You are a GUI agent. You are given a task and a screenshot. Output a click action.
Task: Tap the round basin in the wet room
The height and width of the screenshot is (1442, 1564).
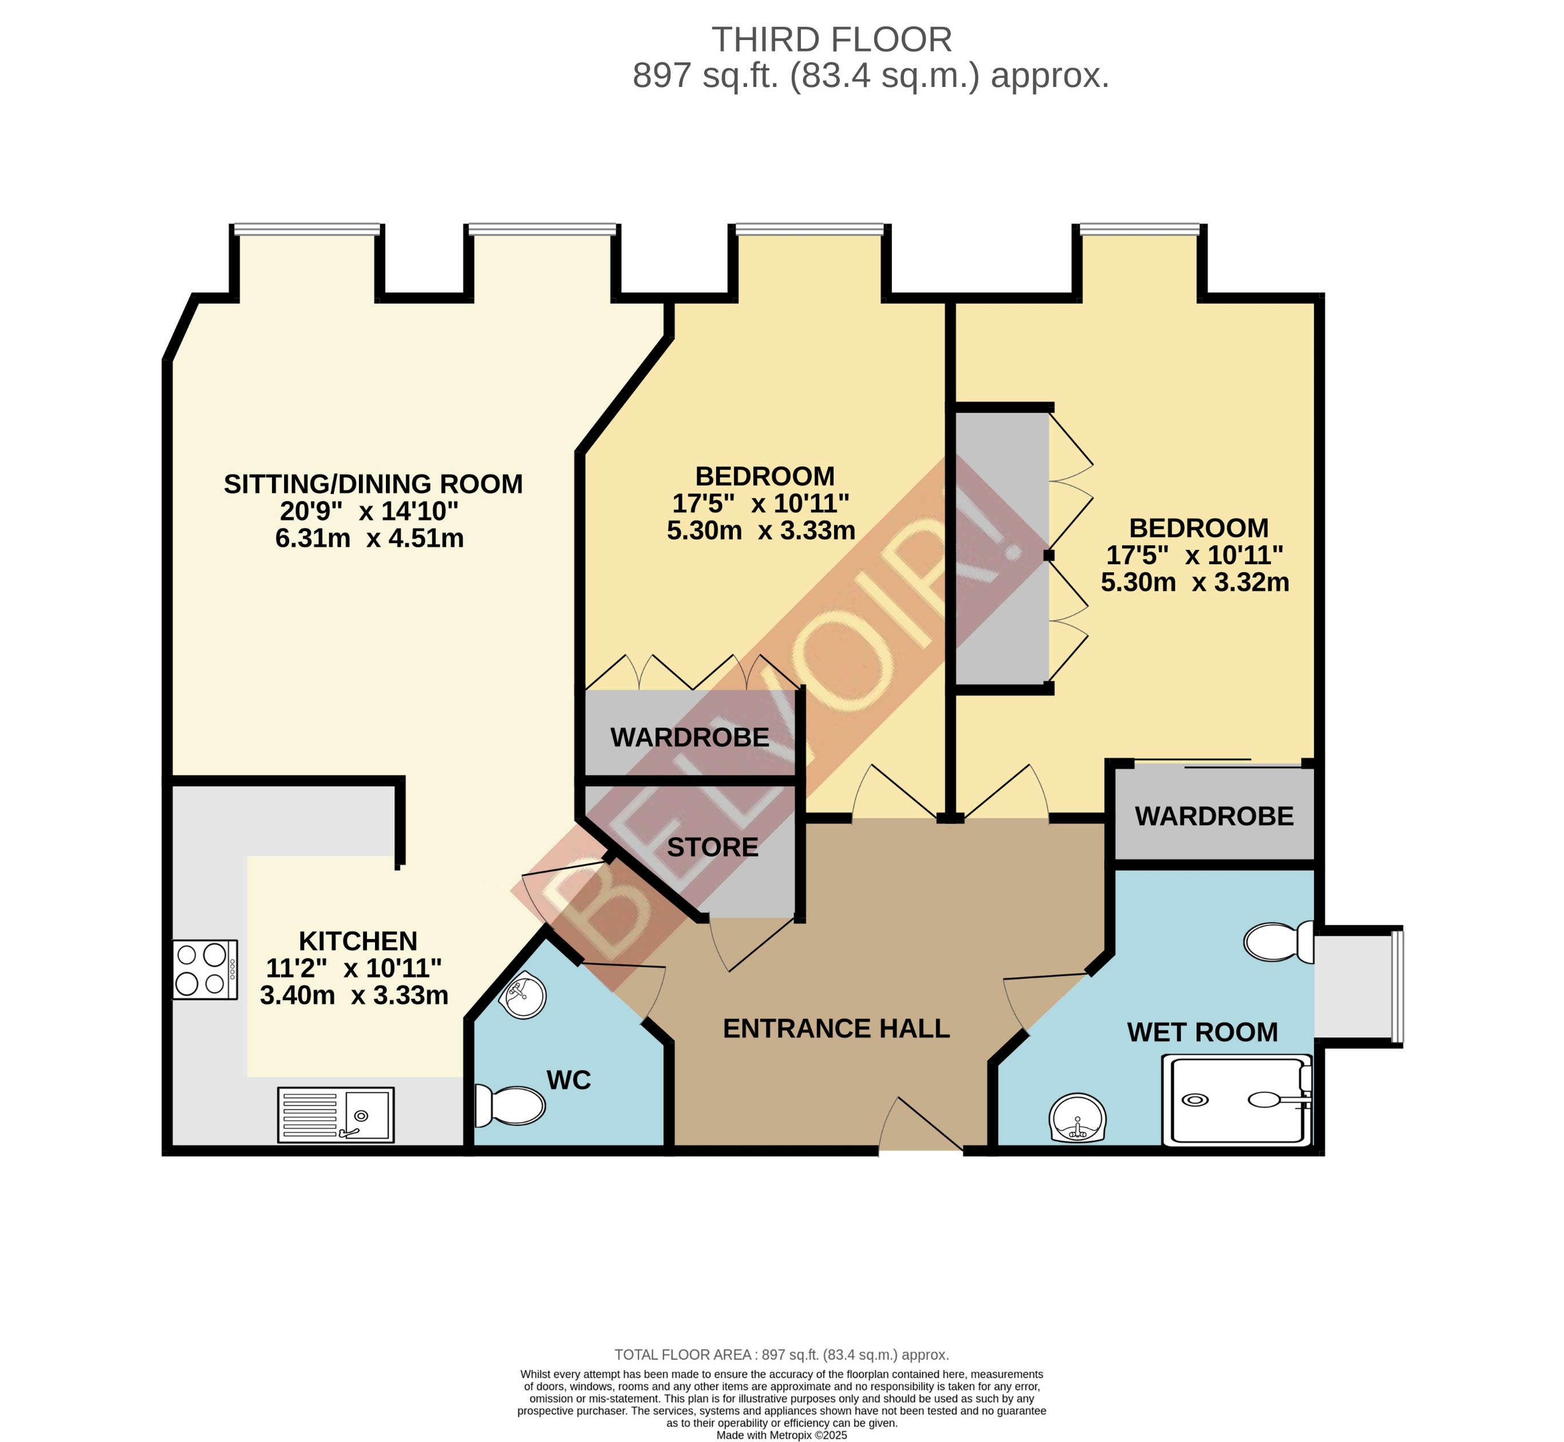click(1077, 1118)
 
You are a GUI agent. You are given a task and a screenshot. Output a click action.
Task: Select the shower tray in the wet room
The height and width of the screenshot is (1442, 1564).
click(1236, 1100)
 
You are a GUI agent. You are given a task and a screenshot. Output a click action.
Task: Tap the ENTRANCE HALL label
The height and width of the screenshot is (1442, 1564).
click(836, 1028)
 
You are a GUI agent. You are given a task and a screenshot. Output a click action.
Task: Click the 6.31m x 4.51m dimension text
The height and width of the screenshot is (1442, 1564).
click(369, 538)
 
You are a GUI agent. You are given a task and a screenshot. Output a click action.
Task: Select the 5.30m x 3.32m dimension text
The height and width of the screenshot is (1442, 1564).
click(1195, 582)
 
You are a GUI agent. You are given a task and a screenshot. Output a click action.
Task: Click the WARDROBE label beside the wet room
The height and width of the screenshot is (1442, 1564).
click(1214, 816)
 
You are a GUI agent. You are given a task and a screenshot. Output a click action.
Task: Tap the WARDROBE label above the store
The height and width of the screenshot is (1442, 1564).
click(689, 738)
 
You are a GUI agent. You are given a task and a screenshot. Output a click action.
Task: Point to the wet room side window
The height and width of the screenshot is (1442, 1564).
click(1397, 985)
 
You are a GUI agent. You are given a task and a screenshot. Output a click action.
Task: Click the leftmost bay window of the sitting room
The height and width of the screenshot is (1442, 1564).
click(307, 229)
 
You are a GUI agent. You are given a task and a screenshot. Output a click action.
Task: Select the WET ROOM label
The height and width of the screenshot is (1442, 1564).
click(1202, 1032)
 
